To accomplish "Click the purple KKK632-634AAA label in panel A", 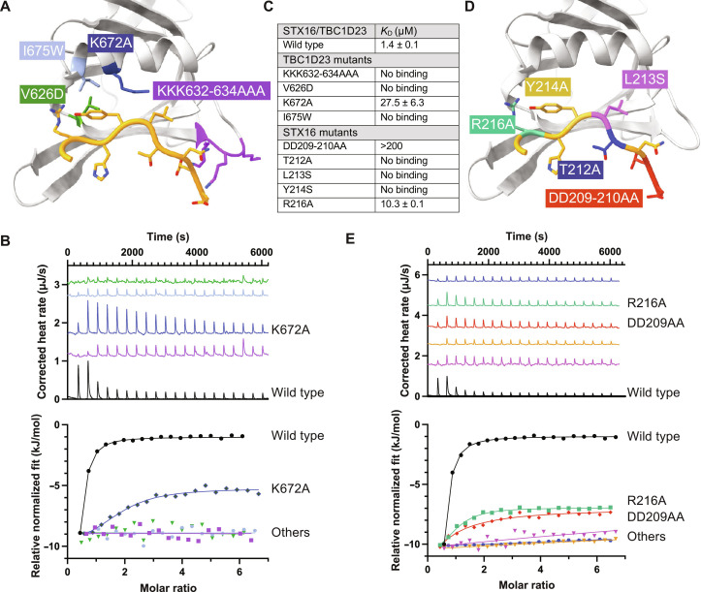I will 211,92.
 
